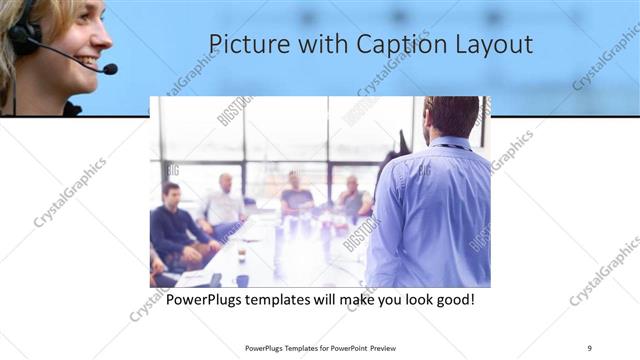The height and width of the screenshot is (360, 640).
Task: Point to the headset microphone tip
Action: [x=109, y=69]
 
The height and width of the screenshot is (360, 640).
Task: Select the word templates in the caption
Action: [x=291, y=299]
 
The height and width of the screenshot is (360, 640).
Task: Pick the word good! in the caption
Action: [x=452, y=299]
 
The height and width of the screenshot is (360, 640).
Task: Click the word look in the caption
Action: [x=411, y=299]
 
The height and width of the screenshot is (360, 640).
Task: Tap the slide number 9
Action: [x=589, y=347]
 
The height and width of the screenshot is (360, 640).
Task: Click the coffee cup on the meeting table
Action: [x=241, y=256]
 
